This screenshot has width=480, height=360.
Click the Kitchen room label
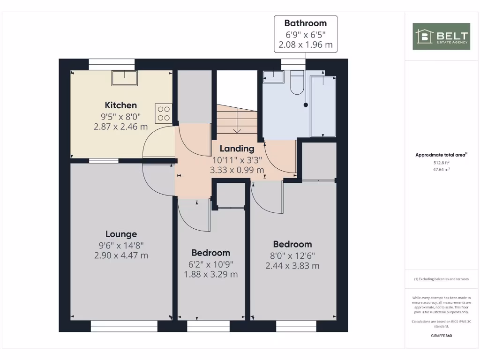(120, 105)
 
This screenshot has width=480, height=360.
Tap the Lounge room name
(121, 234)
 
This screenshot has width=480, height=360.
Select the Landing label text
(237, 149)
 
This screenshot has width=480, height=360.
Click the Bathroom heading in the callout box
(305, 23)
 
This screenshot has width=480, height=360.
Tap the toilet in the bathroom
(298, 83)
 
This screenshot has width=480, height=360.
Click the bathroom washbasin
(273, 76)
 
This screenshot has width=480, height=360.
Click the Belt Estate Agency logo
(442, 36)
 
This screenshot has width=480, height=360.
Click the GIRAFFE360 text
(442, 336)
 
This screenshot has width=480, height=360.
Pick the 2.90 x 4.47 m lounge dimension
(121, 255)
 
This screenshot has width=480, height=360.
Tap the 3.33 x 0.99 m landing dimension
(237, 170)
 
